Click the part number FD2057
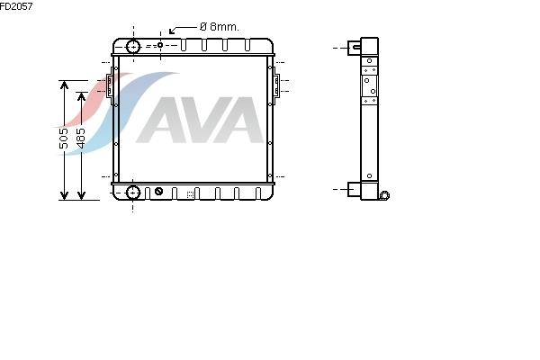pos(16,6)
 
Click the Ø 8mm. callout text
pos(219,26)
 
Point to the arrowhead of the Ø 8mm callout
pos(172,31)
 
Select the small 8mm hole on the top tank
pos(160,45)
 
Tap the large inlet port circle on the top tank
pos(133,47)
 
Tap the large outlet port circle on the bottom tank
pos(133,193)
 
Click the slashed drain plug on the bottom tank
pos(158,191)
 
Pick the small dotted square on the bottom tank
pos(190,194)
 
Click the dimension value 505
pos(64,139)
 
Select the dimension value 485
pos(81,139)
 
